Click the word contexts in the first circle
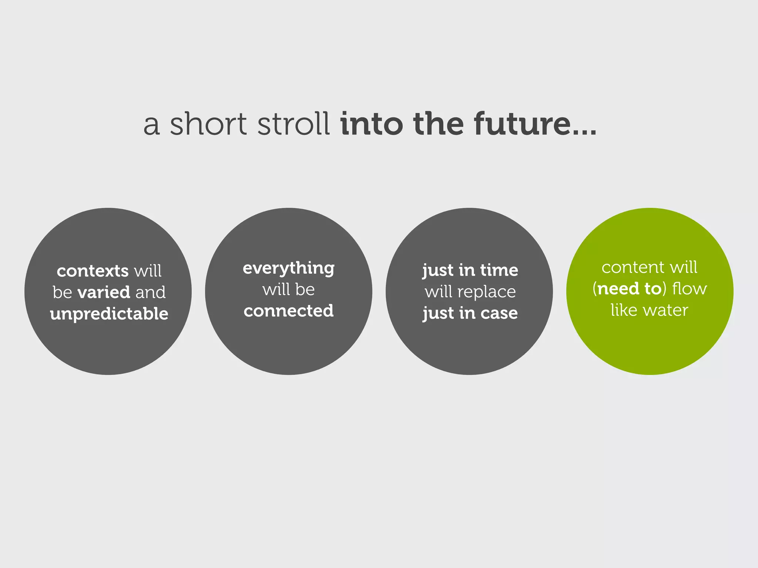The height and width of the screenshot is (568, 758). click(93, 271)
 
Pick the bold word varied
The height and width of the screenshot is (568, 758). click(104, 293)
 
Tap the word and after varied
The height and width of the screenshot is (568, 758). click(150, 293)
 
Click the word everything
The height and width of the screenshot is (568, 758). click(289, 268)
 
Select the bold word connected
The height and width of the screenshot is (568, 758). click(289, 311)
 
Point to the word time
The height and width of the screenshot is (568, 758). click(499, 270)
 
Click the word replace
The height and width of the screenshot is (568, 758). click(486, 292)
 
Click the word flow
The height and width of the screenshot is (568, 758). click(689, 289)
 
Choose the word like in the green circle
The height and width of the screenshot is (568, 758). click(624, 310)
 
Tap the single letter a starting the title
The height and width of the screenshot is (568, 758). click(152, 126)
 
